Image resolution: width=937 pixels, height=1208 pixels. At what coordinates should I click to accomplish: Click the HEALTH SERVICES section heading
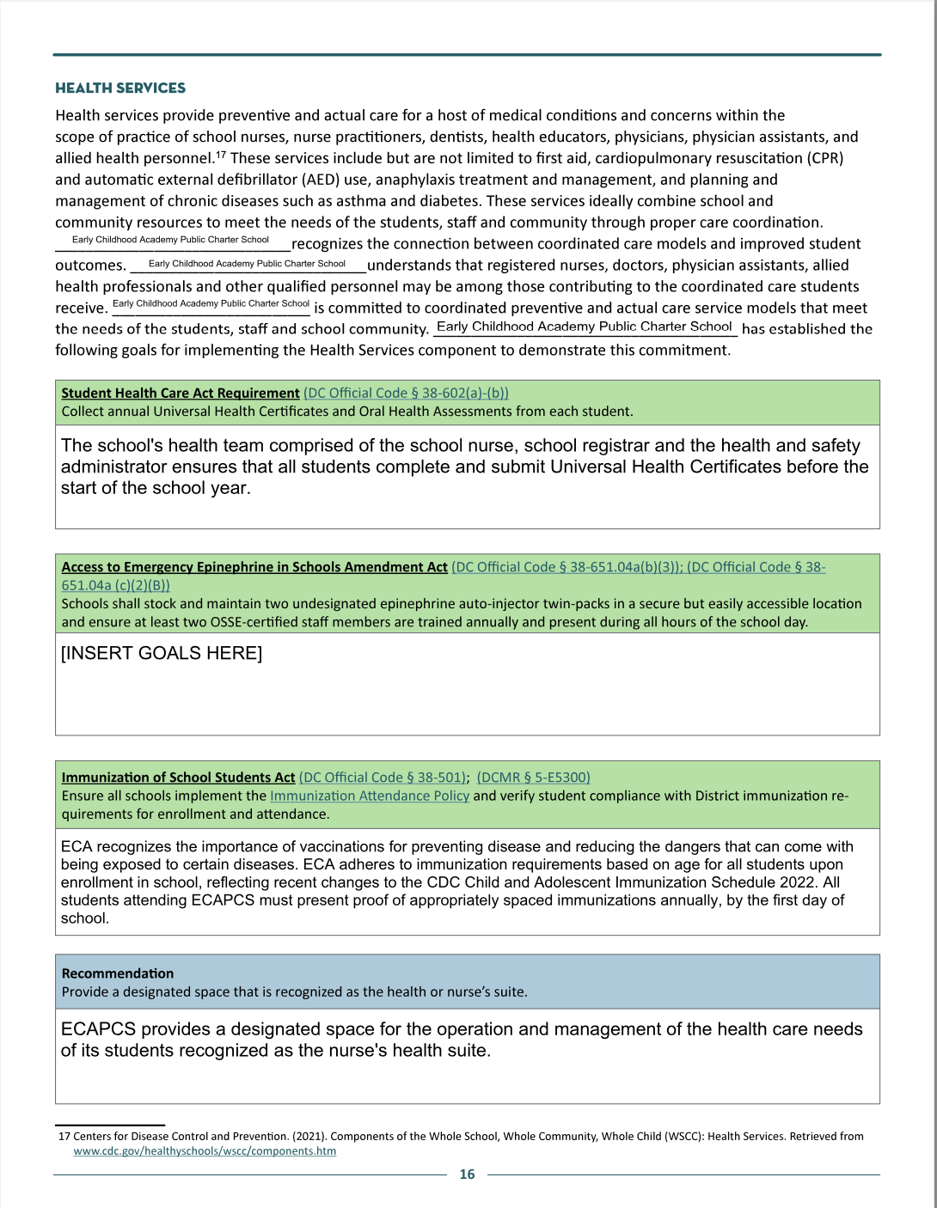click(x=120, y=88)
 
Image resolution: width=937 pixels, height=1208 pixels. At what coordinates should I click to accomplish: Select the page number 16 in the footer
click(x=467, y=1174)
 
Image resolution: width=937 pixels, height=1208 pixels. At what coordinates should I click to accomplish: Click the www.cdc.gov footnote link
click(x=205, y=1150)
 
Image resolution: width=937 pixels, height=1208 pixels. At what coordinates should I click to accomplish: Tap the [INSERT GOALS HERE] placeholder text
click(x=162, y=653)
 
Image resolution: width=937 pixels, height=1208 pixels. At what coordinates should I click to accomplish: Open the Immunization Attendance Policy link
click(x=370, y=796)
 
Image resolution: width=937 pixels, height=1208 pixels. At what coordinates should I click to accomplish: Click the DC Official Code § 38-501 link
click(x=383, y=777)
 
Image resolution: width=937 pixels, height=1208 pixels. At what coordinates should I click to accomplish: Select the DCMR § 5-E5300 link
click(x=533, y=777)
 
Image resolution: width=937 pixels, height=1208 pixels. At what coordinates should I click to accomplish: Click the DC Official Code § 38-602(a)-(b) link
click(x=406, y=393)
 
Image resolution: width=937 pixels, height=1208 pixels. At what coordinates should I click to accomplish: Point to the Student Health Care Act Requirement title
click(x=181, y=393)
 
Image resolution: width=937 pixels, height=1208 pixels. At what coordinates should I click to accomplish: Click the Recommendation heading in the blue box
click(x=118, y=973)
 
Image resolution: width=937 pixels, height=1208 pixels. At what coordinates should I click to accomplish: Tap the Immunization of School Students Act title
click(x=178, y=777)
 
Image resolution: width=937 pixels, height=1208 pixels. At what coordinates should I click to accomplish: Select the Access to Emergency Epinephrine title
click(x=254, y=567)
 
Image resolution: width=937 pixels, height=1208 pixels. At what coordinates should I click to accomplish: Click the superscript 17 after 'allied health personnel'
click(x=221, y=155)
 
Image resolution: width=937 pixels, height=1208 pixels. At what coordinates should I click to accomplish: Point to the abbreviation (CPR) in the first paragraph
click(x=825, y=158)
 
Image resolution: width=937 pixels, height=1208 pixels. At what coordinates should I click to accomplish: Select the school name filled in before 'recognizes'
click(x=170, y=240)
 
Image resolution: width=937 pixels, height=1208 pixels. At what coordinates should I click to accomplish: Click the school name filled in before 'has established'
click(x=585, y=326)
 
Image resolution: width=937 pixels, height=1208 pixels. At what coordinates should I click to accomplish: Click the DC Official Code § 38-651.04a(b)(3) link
click(x=566, y=567)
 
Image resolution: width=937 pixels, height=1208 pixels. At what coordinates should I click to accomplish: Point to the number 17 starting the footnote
click(x=64, y=1136)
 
